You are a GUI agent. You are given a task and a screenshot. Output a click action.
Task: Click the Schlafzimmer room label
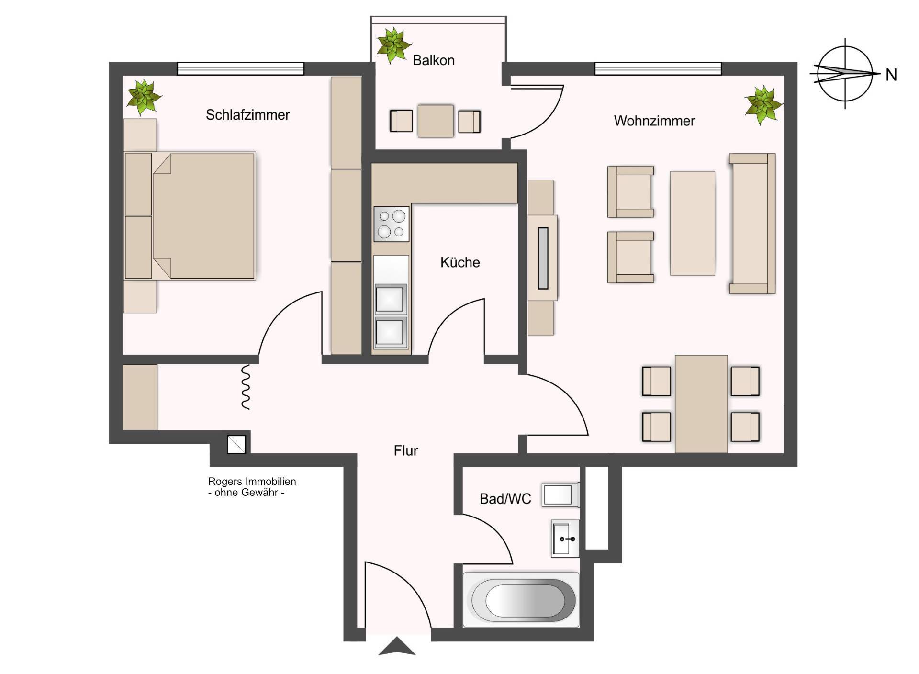[x=247, y=115]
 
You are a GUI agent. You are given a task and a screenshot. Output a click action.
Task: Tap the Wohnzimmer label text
[x=654, y=121]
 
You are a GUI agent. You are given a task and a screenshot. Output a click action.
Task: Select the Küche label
[x=460, y=262]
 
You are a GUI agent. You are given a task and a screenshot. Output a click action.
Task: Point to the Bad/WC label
[x=505, y=499]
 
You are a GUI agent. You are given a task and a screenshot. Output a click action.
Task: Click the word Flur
[x=406, y=450]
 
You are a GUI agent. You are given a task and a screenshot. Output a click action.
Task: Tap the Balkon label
[x=433, y=60]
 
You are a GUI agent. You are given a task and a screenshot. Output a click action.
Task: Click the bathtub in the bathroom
[x=521, y=599]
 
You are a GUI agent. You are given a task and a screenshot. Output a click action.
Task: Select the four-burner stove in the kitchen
[x=392, y=224]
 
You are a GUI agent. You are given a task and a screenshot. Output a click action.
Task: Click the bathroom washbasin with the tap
[x=565, y=539]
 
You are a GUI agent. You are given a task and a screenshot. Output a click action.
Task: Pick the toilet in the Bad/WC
[x=560, y=495]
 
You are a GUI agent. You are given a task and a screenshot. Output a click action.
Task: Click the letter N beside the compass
[x=891, y=75]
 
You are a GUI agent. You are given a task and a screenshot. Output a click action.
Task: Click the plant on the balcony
[x=393, y=45]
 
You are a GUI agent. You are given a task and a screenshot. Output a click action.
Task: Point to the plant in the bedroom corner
[x=143, y=97]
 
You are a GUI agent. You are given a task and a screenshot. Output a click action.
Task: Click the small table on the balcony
[x=436, y=121]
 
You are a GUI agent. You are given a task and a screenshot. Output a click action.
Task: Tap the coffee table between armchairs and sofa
[x=693, y=223]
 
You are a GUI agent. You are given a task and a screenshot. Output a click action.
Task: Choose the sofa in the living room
[x=752, y=223]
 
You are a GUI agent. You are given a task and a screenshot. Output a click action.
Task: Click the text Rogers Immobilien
[x=252, y=482]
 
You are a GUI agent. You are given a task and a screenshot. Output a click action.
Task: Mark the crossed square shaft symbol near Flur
[x=236, y=444]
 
